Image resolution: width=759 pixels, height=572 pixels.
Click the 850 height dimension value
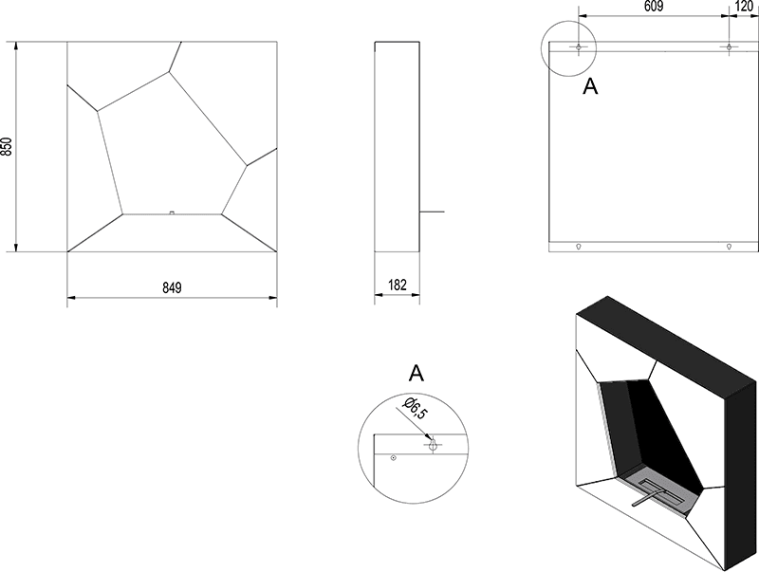pos(7,147)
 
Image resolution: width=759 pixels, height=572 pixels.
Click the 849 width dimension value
pos(172,287)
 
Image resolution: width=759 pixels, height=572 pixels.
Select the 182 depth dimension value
pos(398,285)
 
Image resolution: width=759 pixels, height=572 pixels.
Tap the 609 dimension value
pos(654,6)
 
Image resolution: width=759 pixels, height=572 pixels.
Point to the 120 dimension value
pos(744,6)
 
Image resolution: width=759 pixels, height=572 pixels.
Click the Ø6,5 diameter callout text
pos(415,408)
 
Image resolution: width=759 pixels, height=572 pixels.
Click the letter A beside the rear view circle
pos(590,86)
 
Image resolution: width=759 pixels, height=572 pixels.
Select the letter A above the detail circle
pos(417,373)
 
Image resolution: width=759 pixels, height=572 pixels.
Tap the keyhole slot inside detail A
pos(434,445)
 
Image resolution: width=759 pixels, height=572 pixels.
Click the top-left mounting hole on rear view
pos(579,46)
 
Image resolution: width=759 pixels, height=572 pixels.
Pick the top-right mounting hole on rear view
pos(729,46)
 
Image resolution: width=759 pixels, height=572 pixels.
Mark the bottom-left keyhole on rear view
pos(579,247)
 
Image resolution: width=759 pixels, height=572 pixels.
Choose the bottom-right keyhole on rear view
pos(729,247)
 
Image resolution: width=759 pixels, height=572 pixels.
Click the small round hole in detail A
pos(394,458)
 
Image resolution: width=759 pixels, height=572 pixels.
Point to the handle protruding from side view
pos(432,212)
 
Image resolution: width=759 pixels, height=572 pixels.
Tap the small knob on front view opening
pos(172,212)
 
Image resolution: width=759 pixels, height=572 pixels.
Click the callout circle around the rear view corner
pos(568,48)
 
